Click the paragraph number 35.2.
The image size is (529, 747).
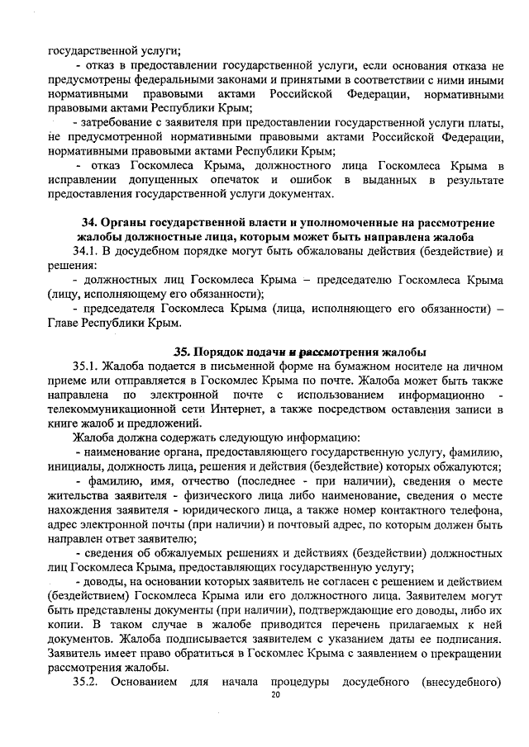pyautogui.click(x=88, y=683)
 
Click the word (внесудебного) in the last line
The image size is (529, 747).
pyautogui.click(x=461, y=683)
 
